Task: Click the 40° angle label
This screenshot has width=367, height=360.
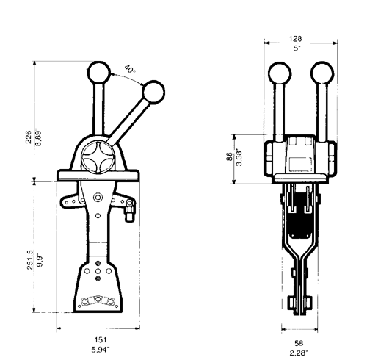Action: [130, 69]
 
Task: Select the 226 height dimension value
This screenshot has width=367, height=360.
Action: [29, 137]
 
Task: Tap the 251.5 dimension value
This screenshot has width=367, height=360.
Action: [30, 260]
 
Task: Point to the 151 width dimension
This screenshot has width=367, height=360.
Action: [101, 340]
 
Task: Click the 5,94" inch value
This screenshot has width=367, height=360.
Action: [101, 350]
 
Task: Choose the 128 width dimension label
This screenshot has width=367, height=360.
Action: [296, 39]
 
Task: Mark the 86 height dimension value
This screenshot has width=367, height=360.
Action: [229, 156]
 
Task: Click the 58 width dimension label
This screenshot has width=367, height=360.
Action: [299, 343]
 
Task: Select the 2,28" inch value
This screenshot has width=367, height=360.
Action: [299, 353]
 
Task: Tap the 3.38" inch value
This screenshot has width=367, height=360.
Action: [239, 157]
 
